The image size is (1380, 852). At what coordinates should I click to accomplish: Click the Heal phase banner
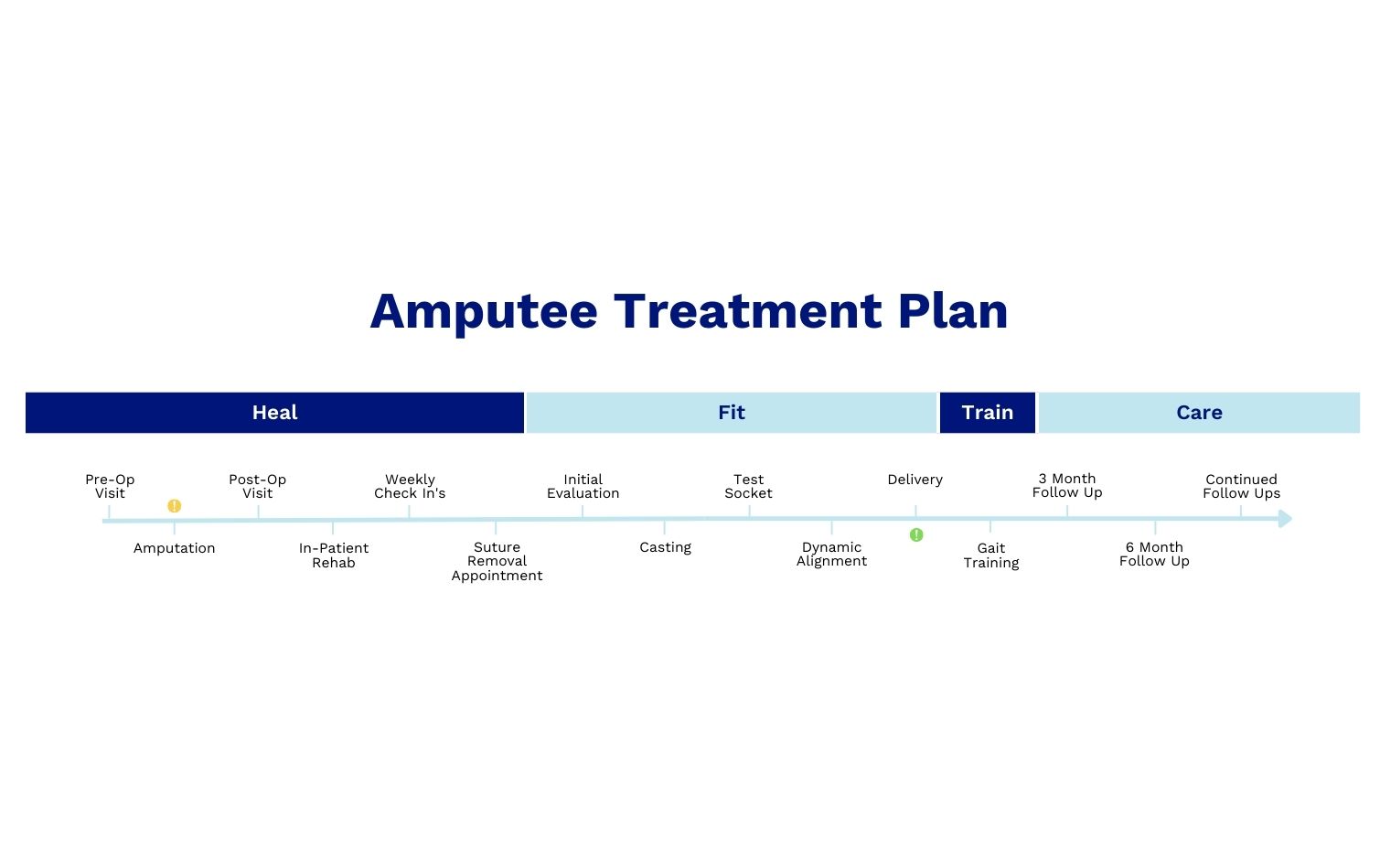274,413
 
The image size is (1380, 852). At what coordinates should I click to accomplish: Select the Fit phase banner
731,413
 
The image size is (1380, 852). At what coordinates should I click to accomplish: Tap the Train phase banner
987,413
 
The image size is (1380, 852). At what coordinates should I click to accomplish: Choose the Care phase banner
1199,413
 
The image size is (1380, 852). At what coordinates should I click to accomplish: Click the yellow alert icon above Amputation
175,506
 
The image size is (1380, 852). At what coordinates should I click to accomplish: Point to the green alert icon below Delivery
916,535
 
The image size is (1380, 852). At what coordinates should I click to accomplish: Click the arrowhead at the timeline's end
1285,519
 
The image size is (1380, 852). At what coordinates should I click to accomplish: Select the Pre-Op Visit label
110,486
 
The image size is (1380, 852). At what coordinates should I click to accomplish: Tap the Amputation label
175,548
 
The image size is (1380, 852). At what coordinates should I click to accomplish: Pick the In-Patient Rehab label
334,555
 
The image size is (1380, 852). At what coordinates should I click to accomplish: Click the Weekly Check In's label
410,486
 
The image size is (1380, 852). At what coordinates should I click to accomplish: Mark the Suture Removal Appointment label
497,561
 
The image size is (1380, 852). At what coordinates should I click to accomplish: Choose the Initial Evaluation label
583,486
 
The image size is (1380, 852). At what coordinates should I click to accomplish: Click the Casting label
665,547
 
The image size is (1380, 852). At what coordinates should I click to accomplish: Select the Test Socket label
748,486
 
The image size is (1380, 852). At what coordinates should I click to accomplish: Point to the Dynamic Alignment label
831,555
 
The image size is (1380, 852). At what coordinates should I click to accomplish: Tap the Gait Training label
990,555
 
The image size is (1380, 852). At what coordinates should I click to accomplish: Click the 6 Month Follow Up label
1154,554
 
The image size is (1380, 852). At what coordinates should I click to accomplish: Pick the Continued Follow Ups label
1241,486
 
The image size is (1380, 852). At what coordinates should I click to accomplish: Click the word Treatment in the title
747,311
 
